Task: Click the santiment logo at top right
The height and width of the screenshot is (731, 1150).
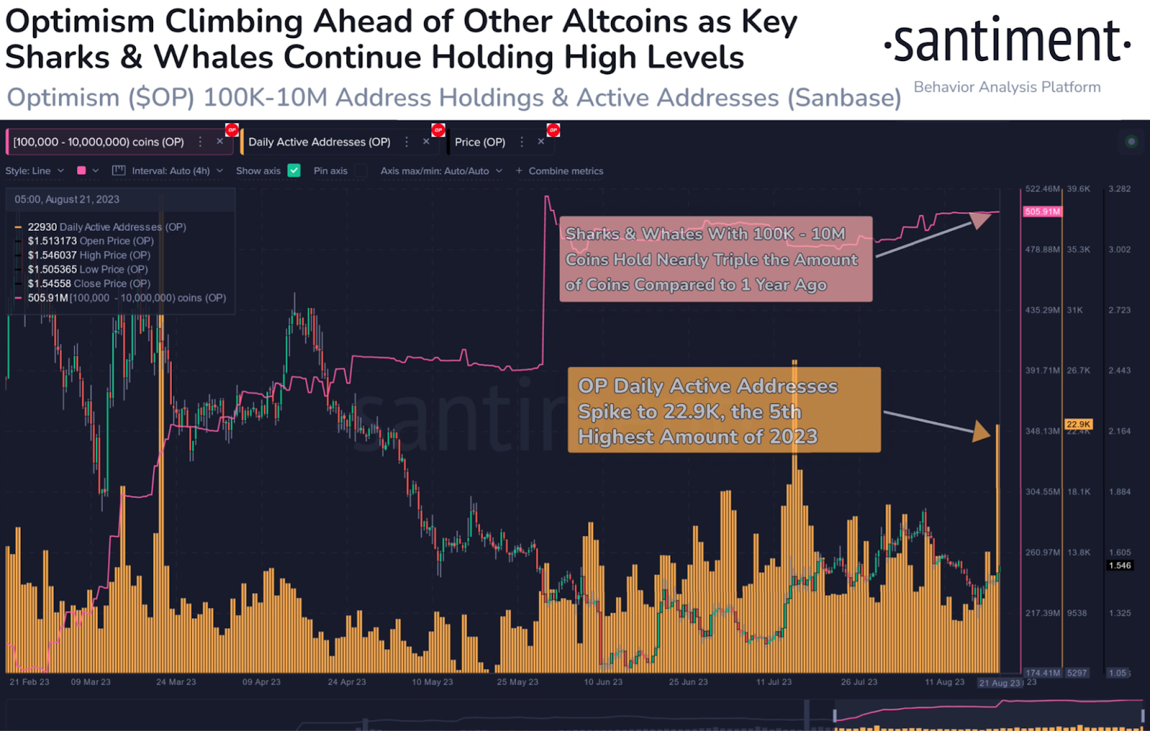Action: pyautogui.click(x=1007, y=42)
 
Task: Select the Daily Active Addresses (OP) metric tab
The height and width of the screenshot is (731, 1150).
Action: pyautogui.click(x=319, y=142)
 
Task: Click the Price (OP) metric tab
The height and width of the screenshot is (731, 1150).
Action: pyautogui.click(x=479, y=142)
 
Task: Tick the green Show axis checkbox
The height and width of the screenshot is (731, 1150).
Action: pyautogui.click(x=294, y=171)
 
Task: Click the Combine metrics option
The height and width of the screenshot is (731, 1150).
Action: pyautogui.click(x=565, y=171)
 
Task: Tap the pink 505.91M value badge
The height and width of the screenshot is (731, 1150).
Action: pyautogui.click(x=1042, y=212)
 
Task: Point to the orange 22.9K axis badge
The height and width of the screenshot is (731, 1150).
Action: pyautogui.click(x=1078, y=424)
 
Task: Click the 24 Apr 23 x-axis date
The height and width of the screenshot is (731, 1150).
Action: pyautogui.click(x=346, y=682)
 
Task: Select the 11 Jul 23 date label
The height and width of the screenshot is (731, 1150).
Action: pyautogui.click(x=773, y=682)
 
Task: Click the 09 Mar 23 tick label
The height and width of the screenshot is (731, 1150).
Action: pyautogui.click(x=91, y=682)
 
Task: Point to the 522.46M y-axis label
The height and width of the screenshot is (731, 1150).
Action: pyautogui.click(x=1042, y=189)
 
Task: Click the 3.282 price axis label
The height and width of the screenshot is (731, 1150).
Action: pyautogui.click(x=1119, y=189)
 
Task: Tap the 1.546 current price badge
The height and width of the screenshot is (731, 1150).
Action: pyautogui.click(x=1119, y=566)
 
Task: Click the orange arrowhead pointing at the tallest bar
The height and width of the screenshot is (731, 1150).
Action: pyautogui.click(x=981, y=431)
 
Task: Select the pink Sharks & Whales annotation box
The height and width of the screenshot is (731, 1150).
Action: pyautogui.click(x=716, y=259)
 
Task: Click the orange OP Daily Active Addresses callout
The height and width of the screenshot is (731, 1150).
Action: pyautogui.click(x=724, y=410)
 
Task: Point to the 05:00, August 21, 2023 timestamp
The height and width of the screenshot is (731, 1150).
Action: pyautogui.click(x=67, y=200)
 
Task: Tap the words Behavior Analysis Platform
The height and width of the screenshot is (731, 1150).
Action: pyautogui.click(x=1007, y=87)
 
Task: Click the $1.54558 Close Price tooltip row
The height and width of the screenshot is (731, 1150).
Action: pyautogui.click(x=89, y=284)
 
